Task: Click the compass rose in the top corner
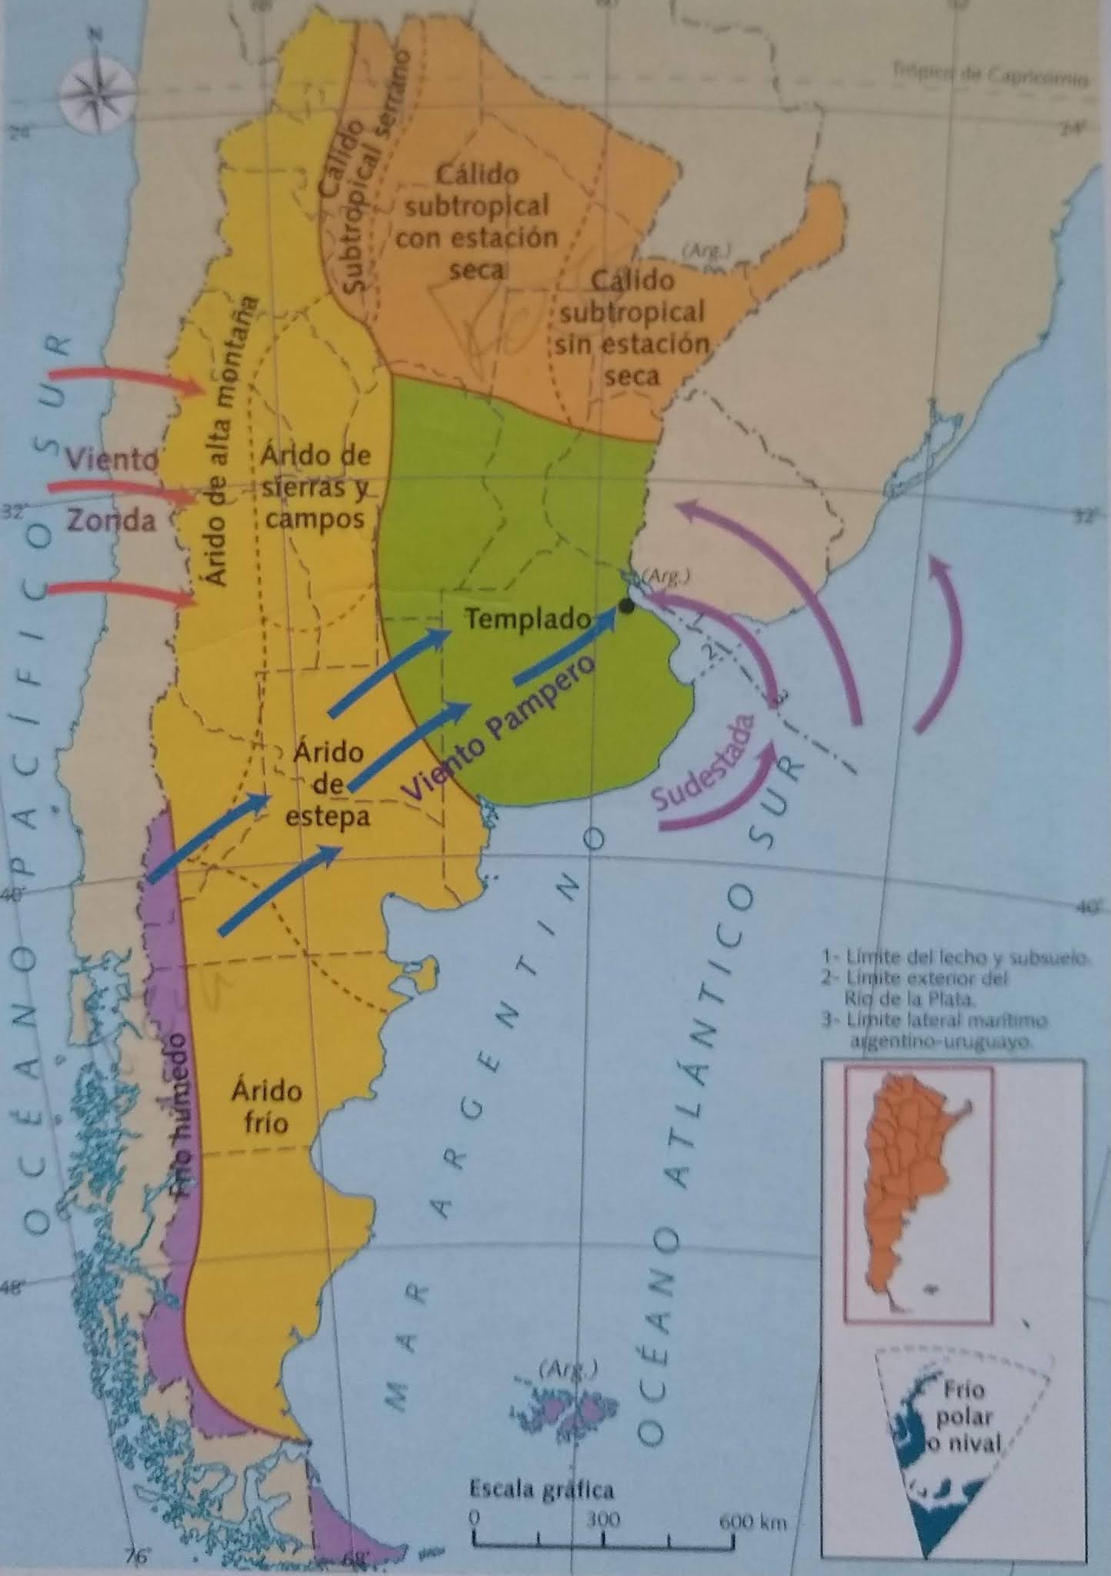95,84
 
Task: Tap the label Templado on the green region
528,618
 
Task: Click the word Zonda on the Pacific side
112,521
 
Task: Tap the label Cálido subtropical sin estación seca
631,328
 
